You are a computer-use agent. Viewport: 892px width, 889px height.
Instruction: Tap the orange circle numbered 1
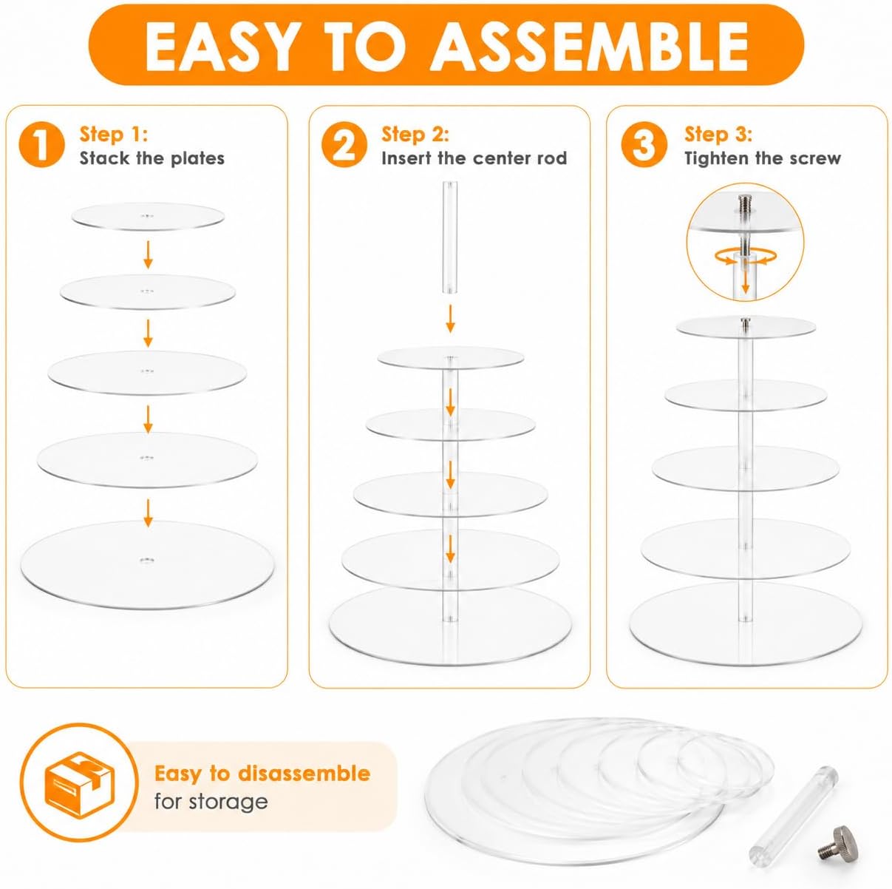tap(41, 144)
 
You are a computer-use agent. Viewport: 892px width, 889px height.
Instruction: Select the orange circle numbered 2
tap(344, 144)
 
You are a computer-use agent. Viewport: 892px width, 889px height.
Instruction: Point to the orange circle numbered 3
tap(644, 144)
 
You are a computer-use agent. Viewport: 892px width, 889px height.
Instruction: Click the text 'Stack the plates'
tap(151, 158)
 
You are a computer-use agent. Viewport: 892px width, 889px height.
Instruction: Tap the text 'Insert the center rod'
tap(474, 158)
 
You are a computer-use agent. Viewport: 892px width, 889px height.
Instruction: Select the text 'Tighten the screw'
tap(763, 158)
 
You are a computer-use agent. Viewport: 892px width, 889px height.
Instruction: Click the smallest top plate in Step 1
tap(148, 217)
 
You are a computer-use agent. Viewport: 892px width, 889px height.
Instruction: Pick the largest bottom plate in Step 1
tap(148, 564)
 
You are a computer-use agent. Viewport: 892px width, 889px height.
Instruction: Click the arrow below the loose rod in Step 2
tap(449, 320)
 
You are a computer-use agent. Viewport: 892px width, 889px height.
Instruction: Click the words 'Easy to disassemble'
tap(262, 774)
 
